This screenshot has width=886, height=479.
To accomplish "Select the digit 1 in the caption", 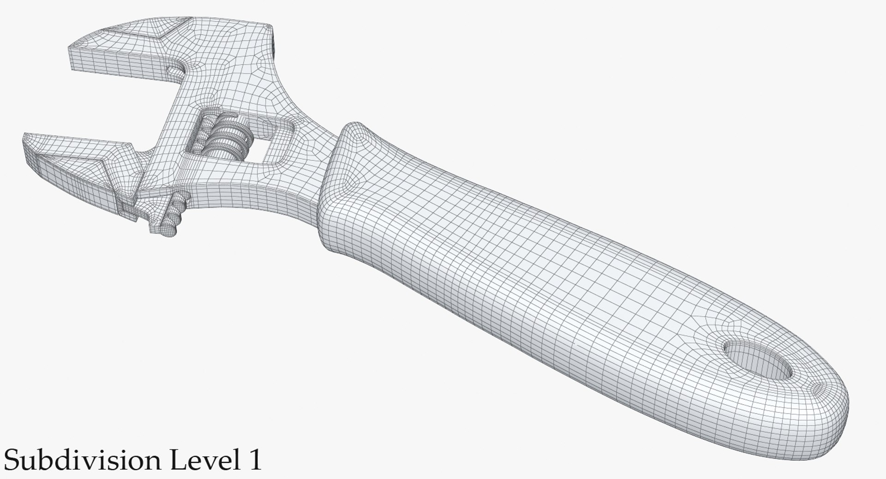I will coord(253,460).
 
